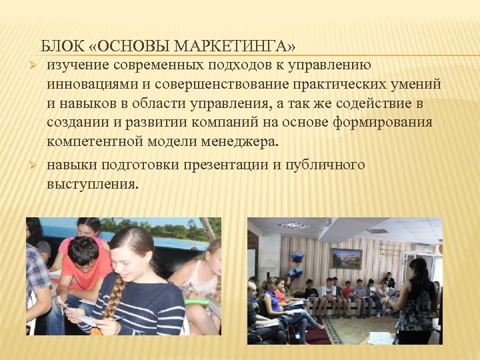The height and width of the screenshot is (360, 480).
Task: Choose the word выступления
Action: (x=93, y=183)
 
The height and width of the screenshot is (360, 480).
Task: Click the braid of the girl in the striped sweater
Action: (x=114, y=293)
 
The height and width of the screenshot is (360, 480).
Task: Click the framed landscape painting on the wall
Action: (x=346, y=257)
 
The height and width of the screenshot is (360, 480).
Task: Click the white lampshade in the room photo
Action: (x=268, y=265)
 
